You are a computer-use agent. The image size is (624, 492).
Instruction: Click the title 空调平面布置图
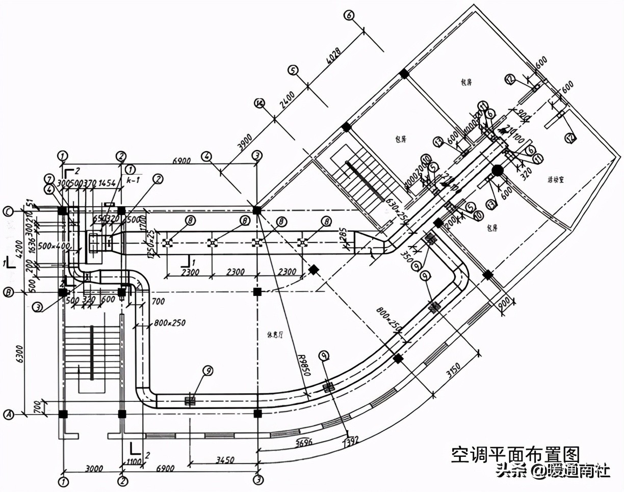[515, 454]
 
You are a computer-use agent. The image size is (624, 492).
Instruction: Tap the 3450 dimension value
[224, 460]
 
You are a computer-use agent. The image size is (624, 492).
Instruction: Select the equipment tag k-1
[134, 180]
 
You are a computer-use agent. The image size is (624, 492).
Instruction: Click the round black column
[497, 170]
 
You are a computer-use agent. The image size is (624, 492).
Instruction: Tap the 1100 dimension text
[134, 461]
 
